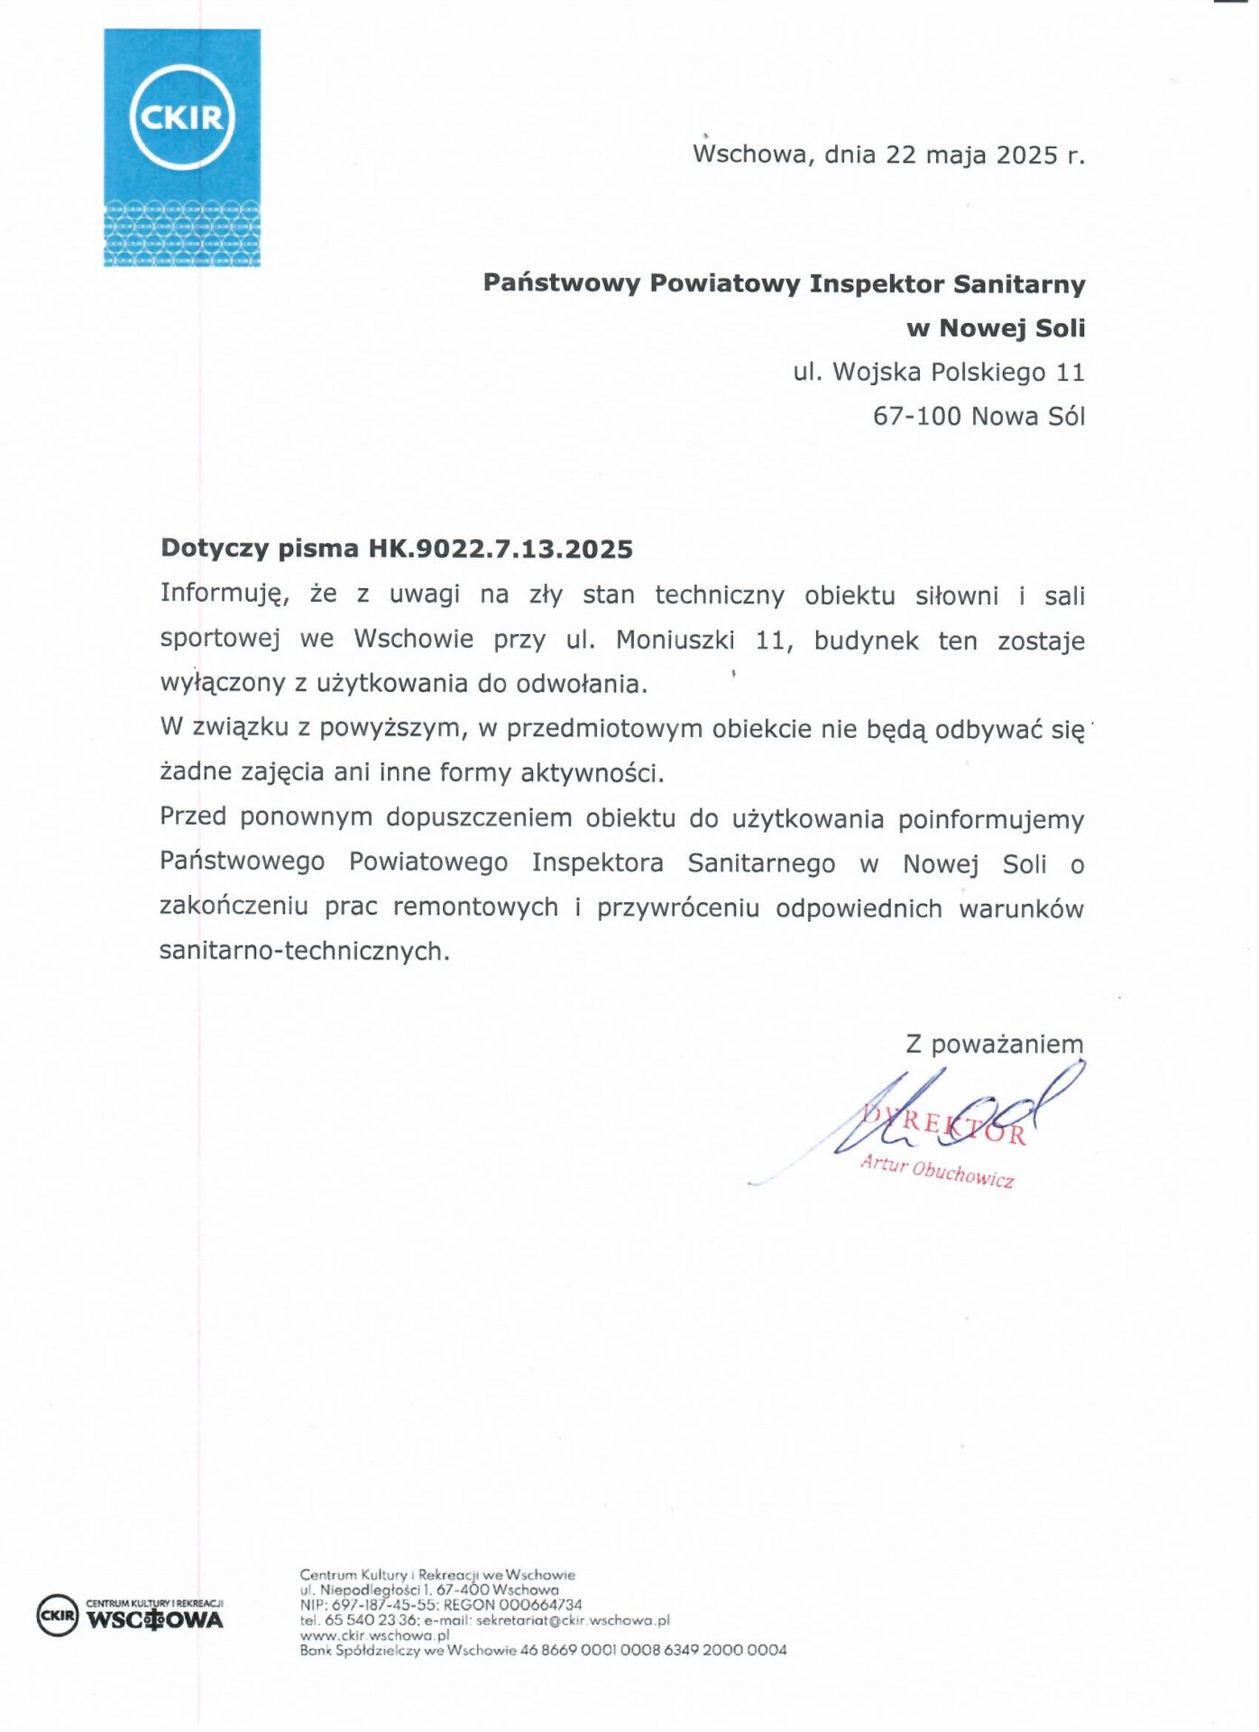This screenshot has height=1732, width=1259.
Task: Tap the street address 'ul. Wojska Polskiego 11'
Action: click(938, 372)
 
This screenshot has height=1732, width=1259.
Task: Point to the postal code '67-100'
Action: click(916, 416)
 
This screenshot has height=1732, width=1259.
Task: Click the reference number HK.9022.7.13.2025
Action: click(501, 548)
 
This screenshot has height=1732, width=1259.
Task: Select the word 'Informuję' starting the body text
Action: click(225, 594)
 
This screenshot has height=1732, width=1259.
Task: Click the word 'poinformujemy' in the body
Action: click(990, 819)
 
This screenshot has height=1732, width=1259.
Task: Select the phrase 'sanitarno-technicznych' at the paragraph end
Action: click(304, 951)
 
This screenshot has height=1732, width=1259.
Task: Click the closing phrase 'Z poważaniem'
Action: click(994, 1044)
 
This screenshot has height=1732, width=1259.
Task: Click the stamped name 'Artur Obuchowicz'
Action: click(937, 1170)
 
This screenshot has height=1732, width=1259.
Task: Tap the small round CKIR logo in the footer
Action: click(57, 1615)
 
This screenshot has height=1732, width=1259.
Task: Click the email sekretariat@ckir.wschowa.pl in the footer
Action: click(573, 1620)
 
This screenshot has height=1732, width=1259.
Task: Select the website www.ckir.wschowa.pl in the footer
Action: click(374, 1635)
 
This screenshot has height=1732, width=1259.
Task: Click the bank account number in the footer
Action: click(653, 1650)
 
